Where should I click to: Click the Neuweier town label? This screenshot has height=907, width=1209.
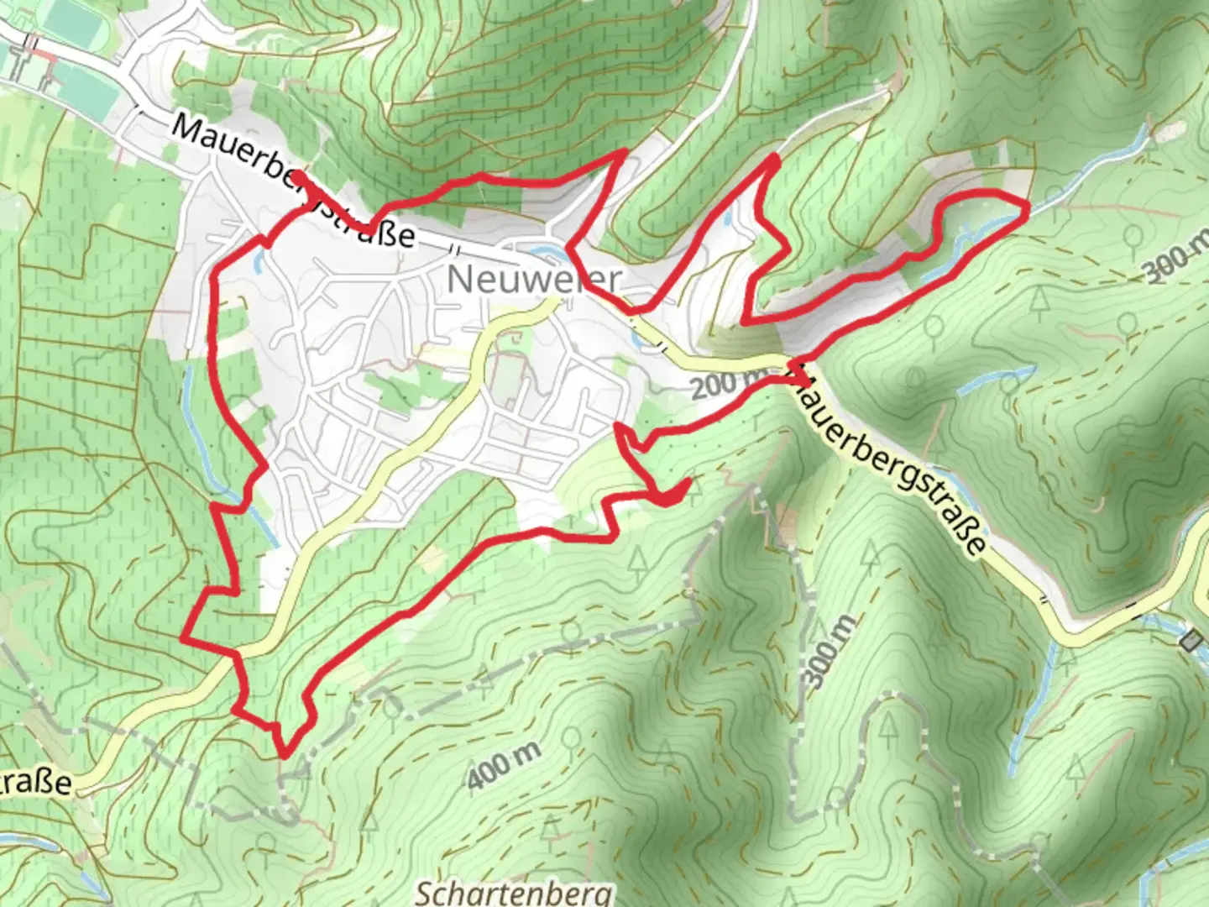click(534, 279)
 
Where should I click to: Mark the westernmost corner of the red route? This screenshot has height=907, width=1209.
click(183, 637)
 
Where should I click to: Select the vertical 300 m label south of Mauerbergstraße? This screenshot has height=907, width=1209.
click(827, 652)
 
